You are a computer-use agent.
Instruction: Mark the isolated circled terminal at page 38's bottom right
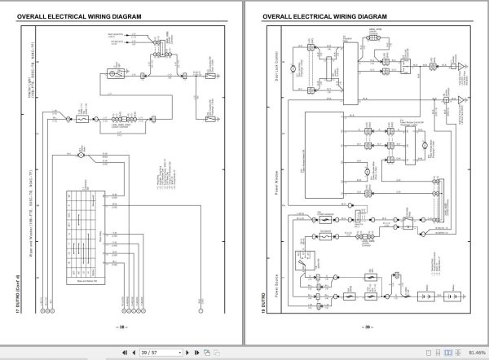(200, 310)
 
